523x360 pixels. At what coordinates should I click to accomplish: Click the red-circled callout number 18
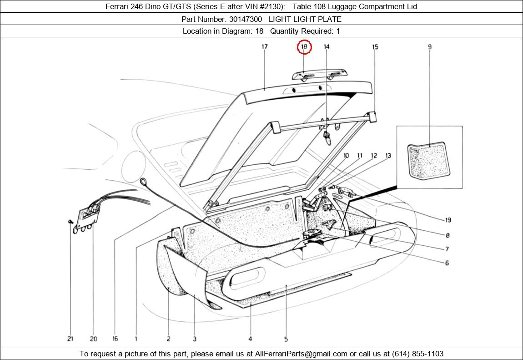(304, 46)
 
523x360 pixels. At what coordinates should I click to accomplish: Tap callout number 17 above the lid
(265, 46)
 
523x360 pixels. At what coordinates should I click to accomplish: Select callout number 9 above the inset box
(429, 46)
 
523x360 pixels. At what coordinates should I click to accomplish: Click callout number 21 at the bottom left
(70, 339)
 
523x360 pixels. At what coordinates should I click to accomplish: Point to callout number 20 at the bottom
(93, 339)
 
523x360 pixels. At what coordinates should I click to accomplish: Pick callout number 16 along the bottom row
(115, 339)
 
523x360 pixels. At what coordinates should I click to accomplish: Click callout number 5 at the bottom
(286, 339)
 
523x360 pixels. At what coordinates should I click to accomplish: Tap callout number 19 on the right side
(448, 220)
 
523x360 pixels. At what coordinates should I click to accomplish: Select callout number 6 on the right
(447, 263)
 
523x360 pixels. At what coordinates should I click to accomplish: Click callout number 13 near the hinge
(388, 156)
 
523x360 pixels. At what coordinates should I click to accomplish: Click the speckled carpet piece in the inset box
(427, 161)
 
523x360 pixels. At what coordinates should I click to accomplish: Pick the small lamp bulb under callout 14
(327, 136)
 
